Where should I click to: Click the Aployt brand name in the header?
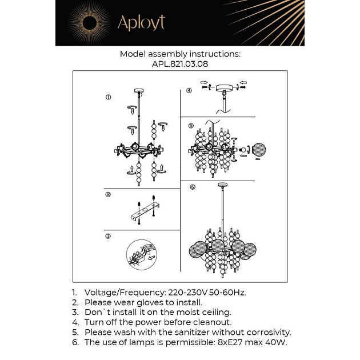(x=141, y=22)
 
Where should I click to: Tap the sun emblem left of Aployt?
(x=90, y=23)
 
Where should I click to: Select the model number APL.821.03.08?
(x=179, y=65)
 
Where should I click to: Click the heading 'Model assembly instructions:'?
(x=179, y=54)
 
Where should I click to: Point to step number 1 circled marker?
(x=107, y=98)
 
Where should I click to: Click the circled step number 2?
(x=107, y=195)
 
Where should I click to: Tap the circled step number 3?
(x=107, y=236)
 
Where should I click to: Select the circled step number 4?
(x=189, y=90)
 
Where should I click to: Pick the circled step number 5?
(x=191, y=126)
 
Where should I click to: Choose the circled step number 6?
(x=193, y=187)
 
